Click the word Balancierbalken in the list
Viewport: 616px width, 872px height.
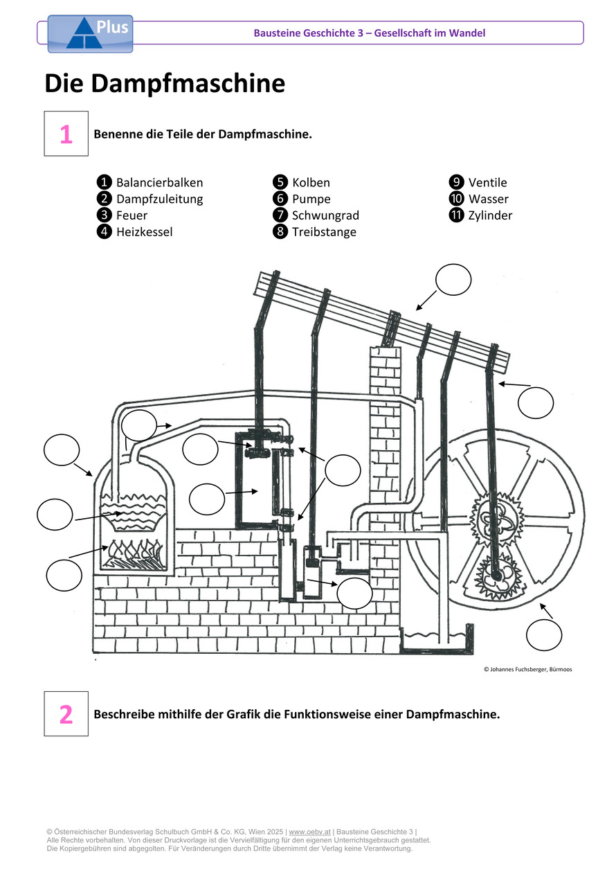pyautogui.click(x=159, y=183)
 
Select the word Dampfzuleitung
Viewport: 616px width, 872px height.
pyautogui.click(x=159, y=199)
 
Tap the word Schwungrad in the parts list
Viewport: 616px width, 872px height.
pyautogui.click(x=325, y=215)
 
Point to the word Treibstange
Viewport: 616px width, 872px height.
pyautogui.click(x=324, y=232)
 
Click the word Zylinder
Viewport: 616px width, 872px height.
pyautogui.click(x=490, y=215)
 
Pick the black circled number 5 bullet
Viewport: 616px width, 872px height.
pyautogui.click(x=280, y=183)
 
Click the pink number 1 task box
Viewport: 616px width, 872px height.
pyautogui.click(x=66, y=134)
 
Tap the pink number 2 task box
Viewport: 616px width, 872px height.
pyautogui.click(x=66, y=713)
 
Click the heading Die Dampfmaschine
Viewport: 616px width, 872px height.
pyautogui.click(x=165, y=84)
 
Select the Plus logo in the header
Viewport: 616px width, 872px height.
pyautogui.click(x=90, y=34)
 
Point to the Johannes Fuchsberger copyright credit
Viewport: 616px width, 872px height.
pyautogui.click(x=527, y=670)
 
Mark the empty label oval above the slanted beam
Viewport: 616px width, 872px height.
pyautogui.click(x=453, y=280)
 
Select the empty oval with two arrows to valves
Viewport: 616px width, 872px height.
pyautogui.click(x=343, y=471)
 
